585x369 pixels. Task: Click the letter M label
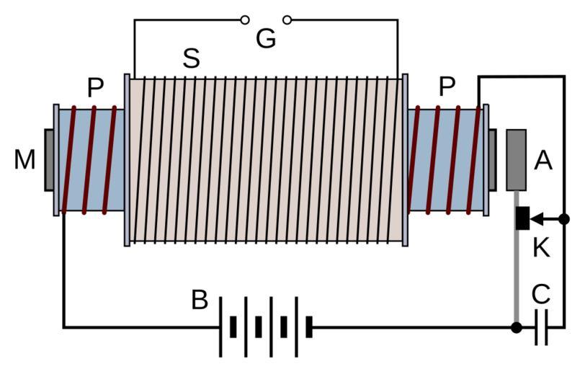point(24,160)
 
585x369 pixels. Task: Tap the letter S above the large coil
point(191,58)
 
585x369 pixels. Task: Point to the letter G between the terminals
point(266,39)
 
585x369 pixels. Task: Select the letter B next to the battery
point(200,300)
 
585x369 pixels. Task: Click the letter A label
point(543,161)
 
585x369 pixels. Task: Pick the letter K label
point(541,248)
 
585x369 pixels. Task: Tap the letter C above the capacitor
point(541,295)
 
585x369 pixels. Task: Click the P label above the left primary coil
point(95,88)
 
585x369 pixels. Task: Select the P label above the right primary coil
point(447,88)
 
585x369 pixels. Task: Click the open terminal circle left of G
point(245,19)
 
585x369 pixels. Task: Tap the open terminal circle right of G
point(287,19)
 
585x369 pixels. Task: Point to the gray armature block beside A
point(517,159)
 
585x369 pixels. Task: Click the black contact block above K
point(522,218)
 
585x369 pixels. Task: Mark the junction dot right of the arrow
point(564,218)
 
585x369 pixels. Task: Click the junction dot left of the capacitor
point(517,327)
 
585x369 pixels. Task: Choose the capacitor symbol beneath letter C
point(542,327)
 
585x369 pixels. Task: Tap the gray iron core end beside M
point(49,160)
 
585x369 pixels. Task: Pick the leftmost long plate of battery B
point(220,327)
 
